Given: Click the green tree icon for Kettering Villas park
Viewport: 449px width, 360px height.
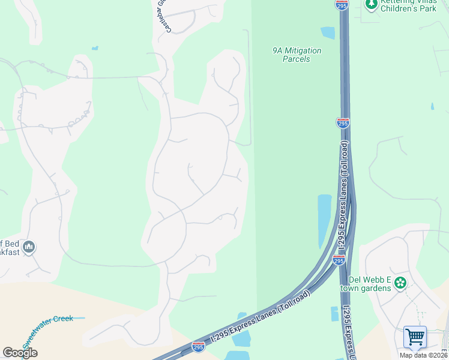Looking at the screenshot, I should point(371,4).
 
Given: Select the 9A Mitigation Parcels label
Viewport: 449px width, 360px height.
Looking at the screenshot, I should point(297,55).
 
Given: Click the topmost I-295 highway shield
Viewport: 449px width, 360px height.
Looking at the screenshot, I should point(341,5).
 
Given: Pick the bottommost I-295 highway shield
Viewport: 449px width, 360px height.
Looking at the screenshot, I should point(199,347).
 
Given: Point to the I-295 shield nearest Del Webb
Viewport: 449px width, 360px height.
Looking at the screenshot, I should point(339,260).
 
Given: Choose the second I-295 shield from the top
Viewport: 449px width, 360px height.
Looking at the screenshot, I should point(342,123).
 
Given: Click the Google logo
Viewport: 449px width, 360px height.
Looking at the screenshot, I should point(19,353).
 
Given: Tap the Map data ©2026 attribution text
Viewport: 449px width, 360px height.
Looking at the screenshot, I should point(424,355).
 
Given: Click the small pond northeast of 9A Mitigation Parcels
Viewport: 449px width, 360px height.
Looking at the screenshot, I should point(328,32).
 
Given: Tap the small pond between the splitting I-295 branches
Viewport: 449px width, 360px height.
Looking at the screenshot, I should point(334,314).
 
